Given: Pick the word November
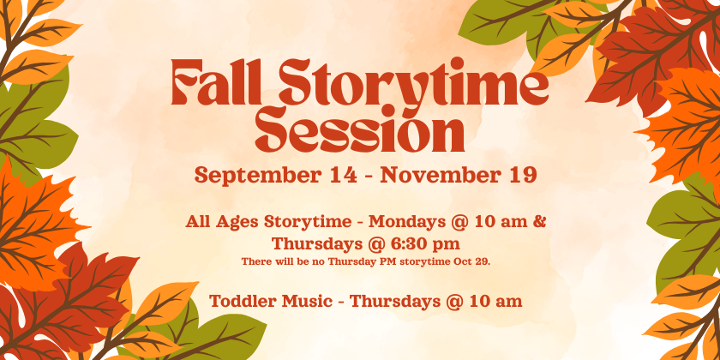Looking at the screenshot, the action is coord(441,175).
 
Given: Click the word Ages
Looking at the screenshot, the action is coord(237,222).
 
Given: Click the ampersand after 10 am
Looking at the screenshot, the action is coord(540,222).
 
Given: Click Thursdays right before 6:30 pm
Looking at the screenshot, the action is coord(320,244).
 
